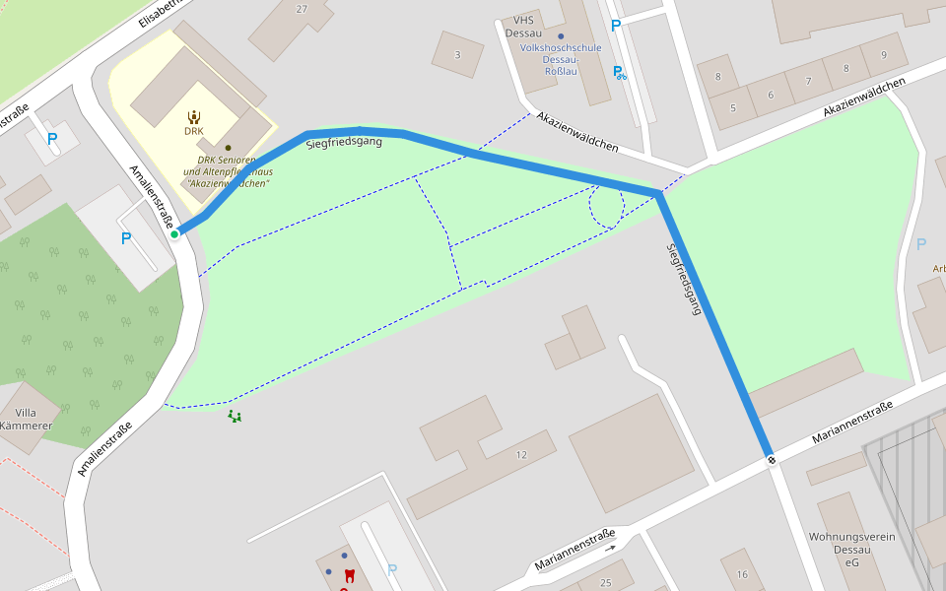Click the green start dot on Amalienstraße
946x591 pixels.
174,233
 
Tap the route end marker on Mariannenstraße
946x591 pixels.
771,458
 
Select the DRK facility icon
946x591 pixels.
193,116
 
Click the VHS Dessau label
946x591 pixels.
522,26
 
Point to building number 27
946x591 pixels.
302,9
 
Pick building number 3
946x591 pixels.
457,55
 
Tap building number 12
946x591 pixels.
521,455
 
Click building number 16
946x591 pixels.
742,574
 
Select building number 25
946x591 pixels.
605,583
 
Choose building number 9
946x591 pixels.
884,55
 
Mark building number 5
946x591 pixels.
732,107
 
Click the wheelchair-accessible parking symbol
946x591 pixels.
619,72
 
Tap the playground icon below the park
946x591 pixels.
235,417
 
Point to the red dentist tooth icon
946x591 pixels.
349,575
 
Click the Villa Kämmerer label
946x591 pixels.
27,420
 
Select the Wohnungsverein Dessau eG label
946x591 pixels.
851,549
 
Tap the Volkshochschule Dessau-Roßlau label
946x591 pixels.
561,59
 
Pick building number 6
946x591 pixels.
771,95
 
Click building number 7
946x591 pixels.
808,82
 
